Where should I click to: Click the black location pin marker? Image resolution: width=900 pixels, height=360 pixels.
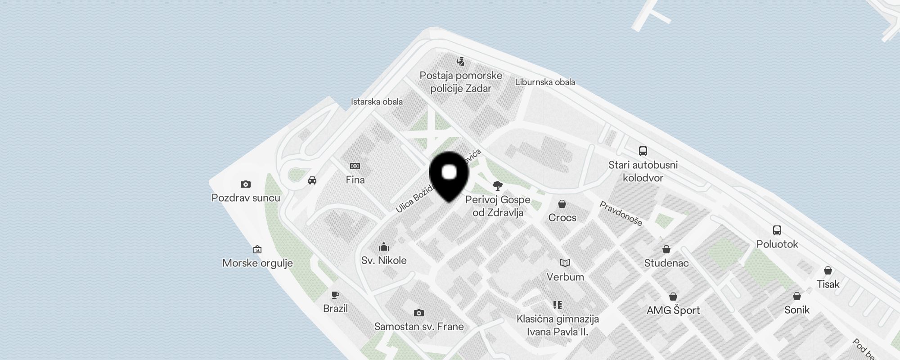pyautogui.click(x=449, y=176)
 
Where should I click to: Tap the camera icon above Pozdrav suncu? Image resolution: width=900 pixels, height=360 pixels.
pyautogui.click(x=245, y=184)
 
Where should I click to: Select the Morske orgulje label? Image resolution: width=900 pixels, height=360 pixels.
pyautogui.click(x=257, y=263)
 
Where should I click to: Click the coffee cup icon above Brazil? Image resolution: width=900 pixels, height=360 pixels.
pyautogui.click(x=335, y=295)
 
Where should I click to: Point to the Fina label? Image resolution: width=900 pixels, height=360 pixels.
pyautogui.click(x=355, y=180)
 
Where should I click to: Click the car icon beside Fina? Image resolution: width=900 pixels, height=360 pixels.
pyautogui.click(x=312, y=180)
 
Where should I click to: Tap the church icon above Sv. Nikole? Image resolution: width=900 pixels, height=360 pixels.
pyautogui.click(x=384, y=247)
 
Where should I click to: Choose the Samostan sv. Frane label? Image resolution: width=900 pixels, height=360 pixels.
pyautogui.click(x=419, y=327)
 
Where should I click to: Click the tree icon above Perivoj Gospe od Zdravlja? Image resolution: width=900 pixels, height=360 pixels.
pyautogui.click(x=498, y=186)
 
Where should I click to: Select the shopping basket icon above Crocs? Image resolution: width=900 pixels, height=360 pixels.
pyautogui.click(x=562, y=204)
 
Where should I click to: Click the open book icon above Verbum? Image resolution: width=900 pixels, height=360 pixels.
pyautogui.click(x=565, y=263)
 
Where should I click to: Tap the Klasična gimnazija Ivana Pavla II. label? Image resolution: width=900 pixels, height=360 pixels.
pyautogui.click(x=558, y=325)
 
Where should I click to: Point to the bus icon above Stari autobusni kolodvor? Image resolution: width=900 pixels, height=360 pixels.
pyautogui.click(x=643, y=151)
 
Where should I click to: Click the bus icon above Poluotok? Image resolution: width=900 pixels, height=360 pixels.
pyautogui.click(x=777, y=230)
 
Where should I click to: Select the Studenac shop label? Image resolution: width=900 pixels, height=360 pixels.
pyautogui.click(x=666, y=263)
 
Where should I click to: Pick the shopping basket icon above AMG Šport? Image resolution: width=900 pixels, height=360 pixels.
pyautogui.click(x=673, y=297)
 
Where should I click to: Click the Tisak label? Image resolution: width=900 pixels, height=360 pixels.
pyautogui.click(x=828, y=284)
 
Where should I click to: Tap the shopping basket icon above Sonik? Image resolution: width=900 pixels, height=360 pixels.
pyautogui.click(x=797, y=296)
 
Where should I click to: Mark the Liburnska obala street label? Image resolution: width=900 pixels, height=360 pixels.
pyautogui.click(x=545, y=82)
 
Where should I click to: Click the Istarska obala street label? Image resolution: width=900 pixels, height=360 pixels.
pyautogui.click(x=377, y=102)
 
